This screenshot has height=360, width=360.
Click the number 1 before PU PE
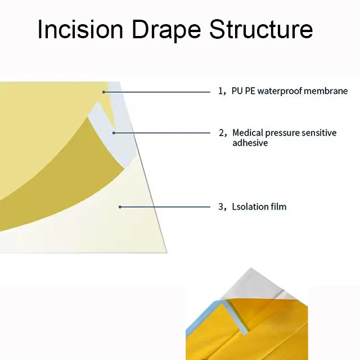click(220, 91)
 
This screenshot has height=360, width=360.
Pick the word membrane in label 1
click(326, 91)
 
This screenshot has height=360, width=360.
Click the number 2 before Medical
click(221, 133)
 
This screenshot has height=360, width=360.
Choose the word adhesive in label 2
click(250, 143)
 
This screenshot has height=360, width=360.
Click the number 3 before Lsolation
click(221, 206)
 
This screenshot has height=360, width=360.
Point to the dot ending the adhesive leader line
click(114, 133)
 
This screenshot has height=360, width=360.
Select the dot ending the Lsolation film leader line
click(120, 206)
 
